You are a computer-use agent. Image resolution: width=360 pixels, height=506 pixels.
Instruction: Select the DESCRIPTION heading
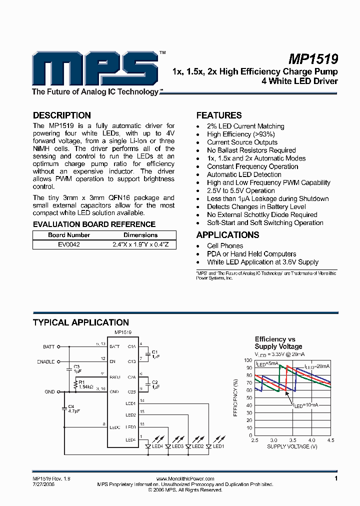[61, 115]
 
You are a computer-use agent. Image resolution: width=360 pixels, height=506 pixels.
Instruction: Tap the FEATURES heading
[218, 115]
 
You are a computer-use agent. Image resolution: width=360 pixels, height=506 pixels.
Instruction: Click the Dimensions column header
[140, 235]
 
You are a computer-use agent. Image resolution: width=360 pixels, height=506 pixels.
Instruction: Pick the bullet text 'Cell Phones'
[225, 246]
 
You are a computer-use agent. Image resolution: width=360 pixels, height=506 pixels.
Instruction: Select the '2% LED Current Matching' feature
[245, 126]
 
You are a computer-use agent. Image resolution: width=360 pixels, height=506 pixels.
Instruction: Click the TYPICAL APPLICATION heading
[80, 322]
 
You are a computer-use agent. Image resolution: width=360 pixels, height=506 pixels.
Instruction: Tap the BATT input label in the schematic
[48, 346]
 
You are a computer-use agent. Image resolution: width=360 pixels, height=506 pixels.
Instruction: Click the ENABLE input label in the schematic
[46, 361]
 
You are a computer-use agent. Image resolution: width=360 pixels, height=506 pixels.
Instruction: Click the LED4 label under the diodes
[158, 446]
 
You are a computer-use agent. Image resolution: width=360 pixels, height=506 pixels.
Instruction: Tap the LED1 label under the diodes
[218, 446]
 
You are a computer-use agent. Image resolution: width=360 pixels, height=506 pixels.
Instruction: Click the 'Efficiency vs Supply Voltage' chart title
[278, 342]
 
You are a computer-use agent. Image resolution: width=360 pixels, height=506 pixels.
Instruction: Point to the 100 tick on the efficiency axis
[248, 360]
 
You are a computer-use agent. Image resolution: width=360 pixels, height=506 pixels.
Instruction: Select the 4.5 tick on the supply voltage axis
[330, 440]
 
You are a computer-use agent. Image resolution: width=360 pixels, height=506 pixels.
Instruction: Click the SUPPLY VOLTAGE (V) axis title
[292, 446]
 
